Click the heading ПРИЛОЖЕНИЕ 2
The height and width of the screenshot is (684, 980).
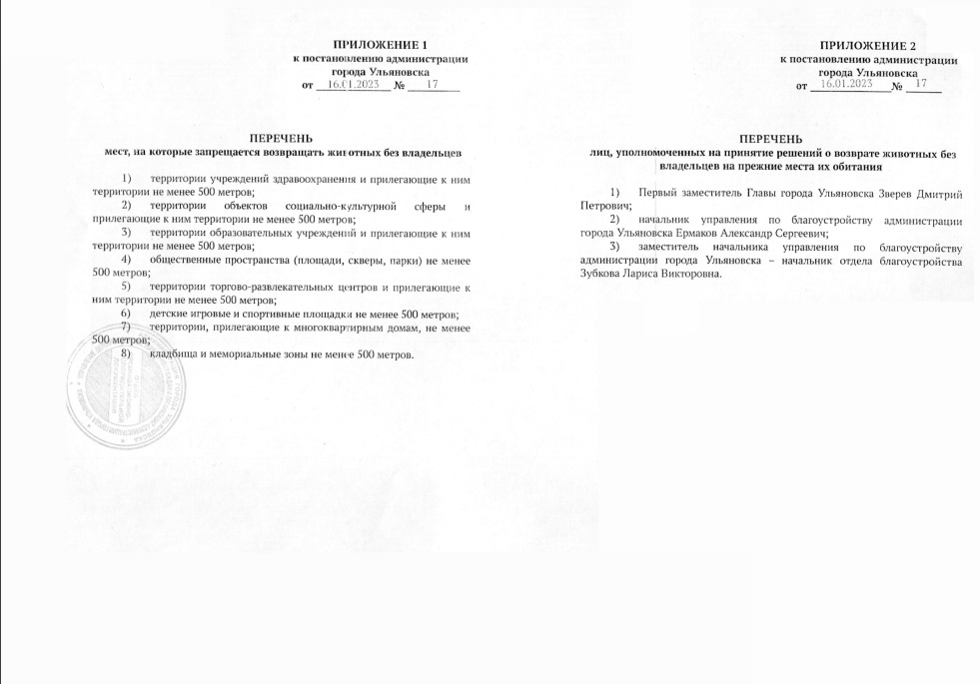click(x=867, y=46)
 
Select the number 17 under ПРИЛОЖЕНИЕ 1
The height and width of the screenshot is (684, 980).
click(x=433, y=85)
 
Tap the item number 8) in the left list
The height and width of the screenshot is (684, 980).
click(x=125, y=354)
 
